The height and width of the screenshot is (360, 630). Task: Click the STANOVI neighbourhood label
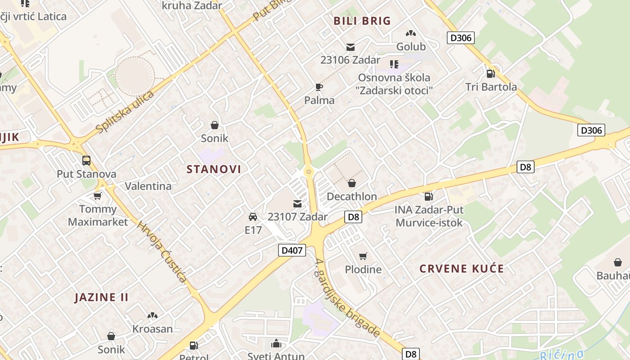[214, 169]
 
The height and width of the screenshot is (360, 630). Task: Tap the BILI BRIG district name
[362, 21]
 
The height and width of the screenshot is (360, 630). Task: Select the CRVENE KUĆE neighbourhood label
[462, 269]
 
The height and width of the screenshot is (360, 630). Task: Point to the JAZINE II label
[102, 297]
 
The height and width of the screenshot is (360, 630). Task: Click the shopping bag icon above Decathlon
[352, 183]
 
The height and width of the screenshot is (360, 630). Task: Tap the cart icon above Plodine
[363, 256]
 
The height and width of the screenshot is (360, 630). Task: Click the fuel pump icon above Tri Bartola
[491, 73]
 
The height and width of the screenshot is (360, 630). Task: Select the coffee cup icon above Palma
[319, 87]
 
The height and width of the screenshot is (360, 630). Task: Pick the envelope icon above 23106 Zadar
[351, 47]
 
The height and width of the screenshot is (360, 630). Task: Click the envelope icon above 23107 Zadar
[297, 203]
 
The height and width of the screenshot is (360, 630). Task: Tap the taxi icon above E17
[253, 217]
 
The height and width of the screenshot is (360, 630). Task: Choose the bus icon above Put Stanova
[86, 161]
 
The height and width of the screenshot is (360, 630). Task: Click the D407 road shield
[292, 250]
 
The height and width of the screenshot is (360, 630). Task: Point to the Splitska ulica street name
[125, 112]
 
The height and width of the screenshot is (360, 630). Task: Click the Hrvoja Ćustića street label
[162, 252]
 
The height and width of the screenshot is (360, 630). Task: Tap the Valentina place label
[148, 186]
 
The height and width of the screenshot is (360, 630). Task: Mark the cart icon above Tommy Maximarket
[98, 196]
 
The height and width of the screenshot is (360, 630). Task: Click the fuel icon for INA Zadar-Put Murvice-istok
[429, 196]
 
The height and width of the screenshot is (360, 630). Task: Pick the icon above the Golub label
[410, 33]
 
